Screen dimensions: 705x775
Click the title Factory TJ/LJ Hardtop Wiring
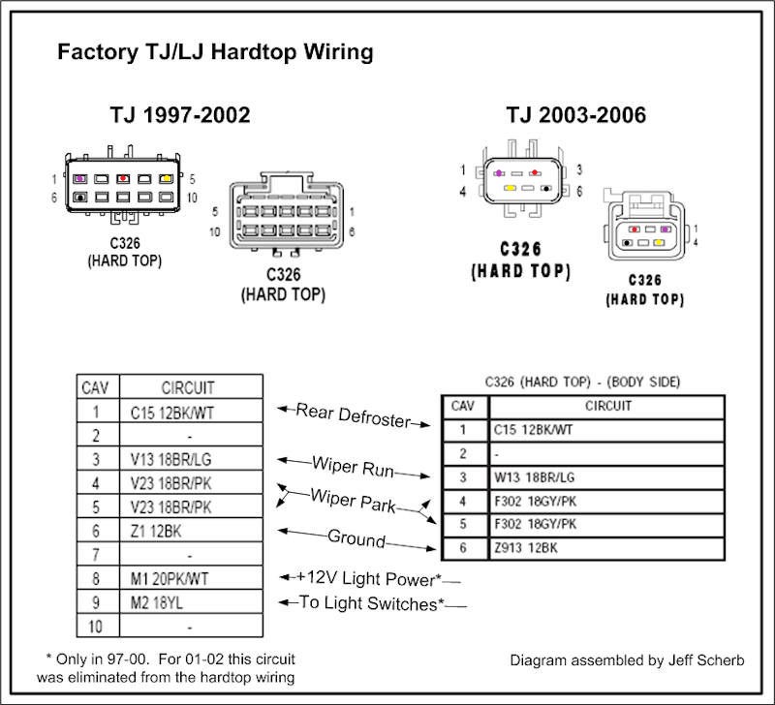click(x=214, y=52)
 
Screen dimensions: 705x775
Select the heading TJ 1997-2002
click(x=180, y=116)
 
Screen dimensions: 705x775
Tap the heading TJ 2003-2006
click(x=575, y=116)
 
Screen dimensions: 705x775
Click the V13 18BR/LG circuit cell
click(x=170, y=458)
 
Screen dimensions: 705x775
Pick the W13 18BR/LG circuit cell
click(x=534, y=476)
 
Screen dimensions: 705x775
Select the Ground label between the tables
click(x=356, y=538)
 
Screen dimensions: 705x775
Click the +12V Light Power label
click(x=370, y=578)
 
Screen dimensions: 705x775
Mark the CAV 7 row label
click(x=94, y=555)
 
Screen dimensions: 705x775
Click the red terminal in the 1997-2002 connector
click(x=123, y=179)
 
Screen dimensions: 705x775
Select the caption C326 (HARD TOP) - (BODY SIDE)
click(x=581, y=383)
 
